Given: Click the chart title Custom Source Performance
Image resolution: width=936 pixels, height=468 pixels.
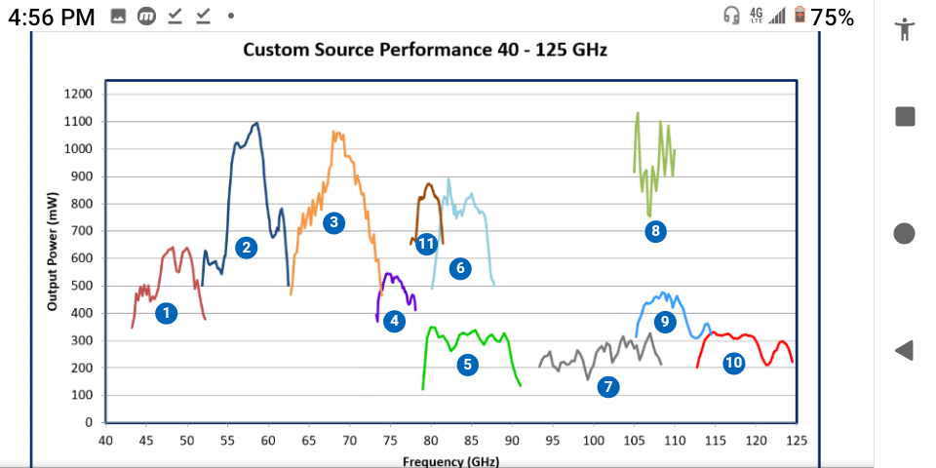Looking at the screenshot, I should pyautogui.click(x=424, y=49).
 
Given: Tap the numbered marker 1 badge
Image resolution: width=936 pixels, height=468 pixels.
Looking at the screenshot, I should pyautogui.click(x=167, y=313).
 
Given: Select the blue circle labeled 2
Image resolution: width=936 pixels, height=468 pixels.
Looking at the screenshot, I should pyautogui.click(x=247, y=248).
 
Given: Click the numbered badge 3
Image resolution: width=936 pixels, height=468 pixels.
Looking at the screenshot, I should pyautogui.click(x=334, y=222).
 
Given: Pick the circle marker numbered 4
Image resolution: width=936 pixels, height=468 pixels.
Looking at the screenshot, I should pyautogui.click(x=394, y=320).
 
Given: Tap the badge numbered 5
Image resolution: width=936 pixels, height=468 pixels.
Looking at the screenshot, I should pyautogui.click(x=468, y=365).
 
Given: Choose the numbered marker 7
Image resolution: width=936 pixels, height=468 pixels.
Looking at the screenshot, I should pyautogui.click(x=608, y=387).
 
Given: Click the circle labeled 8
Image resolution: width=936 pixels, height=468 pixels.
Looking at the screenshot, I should pyautogui.click(x=655, y=231).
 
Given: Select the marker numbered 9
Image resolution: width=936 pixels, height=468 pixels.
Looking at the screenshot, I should pyautogui.click(x=665, y=321).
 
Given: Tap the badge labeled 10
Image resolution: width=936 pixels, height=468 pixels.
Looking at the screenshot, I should pyautogui.click(x=733, y=364).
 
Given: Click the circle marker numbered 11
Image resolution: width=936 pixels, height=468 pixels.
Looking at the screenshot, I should pyautogui.click(x=426, y=244).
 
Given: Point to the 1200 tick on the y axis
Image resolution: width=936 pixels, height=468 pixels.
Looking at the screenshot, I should pyautogui.click(x=78, y=94).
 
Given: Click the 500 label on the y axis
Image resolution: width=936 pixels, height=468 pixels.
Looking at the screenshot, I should pyautogui.click(x=82, y=286).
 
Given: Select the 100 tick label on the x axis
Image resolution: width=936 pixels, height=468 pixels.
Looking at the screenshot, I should pyautogui.click(x=593, y=441).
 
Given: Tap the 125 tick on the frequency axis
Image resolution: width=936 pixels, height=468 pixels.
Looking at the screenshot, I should pyautogui.click(x=796, y=441).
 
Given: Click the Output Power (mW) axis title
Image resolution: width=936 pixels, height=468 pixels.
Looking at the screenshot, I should pyautogui.click(x=53, y=253).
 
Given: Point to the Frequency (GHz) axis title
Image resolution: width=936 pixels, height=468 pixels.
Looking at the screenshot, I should pyautogui.click(x=449, y=461).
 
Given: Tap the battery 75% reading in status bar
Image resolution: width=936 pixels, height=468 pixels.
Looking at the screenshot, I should pyautogui.click(x=832, y=17).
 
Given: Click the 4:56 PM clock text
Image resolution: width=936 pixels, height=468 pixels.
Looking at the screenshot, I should pyautogui.click(x=52, y=17).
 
